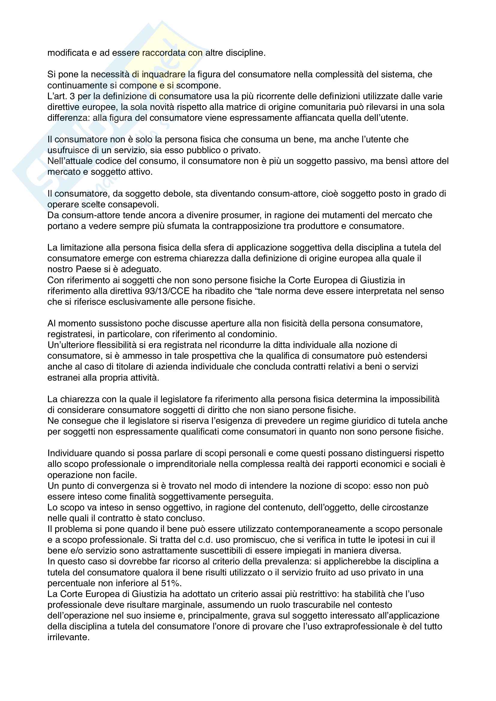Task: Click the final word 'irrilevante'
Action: tap(68, 637)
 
